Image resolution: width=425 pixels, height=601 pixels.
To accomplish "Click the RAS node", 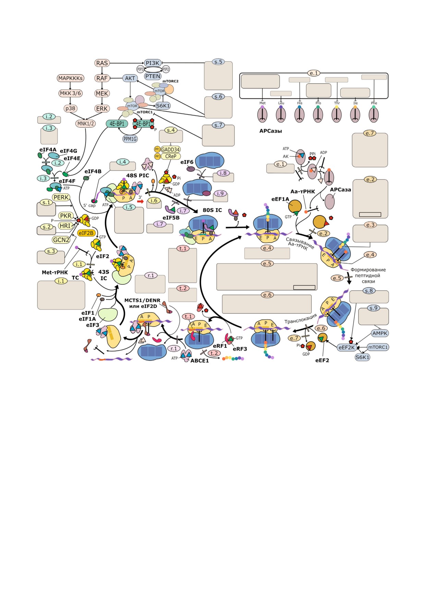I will [x=102, y=63].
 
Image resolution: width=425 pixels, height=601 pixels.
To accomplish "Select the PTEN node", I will [x=153, y=76].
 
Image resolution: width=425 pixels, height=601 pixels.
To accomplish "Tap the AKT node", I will [x=130, y=78].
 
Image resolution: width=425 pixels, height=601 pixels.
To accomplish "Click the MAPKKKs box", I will [x=70, y=78].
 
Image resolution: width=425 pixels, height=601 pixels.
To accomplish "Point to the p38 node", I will [x=70, y=108].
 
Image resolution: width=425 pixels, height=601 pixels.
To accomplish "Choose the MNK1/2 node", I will [x=86, y=123].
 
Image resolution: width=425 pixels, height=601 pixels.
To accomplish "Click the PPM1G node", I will [x=130, y=139].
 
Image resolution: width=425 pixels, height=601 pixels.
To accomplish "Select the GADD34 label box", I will [x=170, y=149].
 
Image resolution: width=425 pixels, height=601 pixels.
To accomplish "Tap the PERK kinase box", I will [x=61, y=197].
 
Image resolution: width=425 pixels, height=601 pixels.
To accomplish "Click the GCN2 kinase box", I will [x=61, y=240].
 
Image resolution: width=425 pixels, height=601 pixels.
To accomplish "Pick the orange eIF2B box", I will [x=86, y=233].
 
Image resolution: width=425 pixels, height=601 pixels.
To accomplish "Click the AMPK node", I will [x=380, y=333].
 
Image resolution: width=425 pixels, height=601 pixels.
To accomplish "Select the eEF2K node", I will [x=347, y=347].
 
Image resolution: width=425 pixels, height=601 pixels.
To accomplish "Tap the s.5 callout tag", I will [x=218, y=62].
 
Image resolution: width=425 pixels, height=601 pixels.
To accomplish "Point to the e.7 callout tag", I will [x=369, y=133].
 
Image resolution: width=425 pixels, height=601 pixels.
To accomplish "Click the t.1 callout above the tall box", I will [x=183, y=248].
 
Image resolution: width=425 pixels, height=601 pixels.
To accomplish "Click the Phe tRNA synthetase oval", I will [x=374, y=115].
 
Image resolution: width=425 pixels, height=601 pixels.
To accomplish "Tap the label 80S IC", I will [x=212, y=210].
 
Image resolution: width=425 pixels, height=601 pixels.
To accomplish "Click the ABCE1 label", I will [x=199, y=360].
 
